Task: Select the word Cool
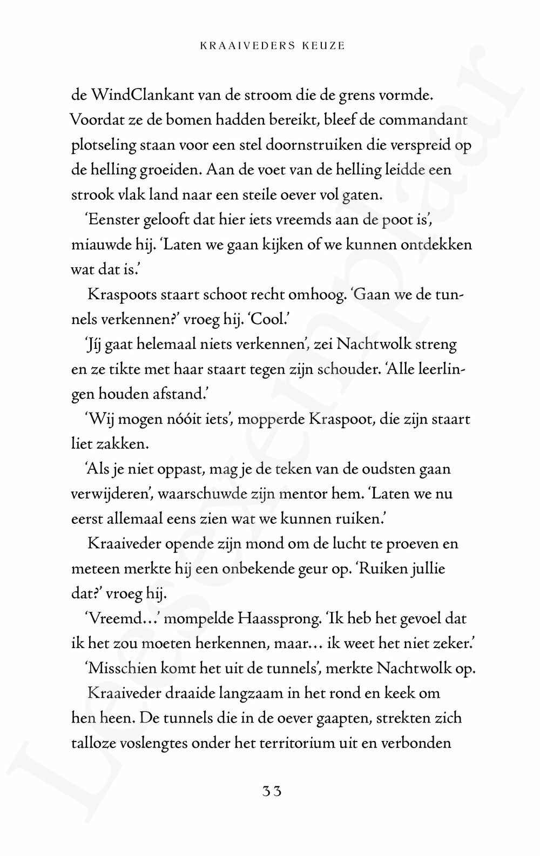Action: (x=267, y=319)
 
